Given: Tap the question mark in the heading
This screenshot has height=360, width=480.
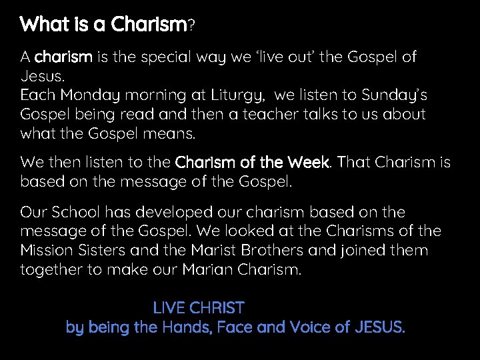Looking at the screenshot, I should click(191, 26).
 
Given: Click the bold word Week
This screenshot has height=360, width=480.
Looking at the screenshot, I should click(309, 163).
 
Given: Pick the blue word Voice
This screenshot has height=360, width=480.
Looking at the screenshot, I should click(312, 327).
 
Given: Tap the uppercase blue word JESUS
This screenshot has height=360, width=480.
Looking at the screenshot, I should click(381, 327).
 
